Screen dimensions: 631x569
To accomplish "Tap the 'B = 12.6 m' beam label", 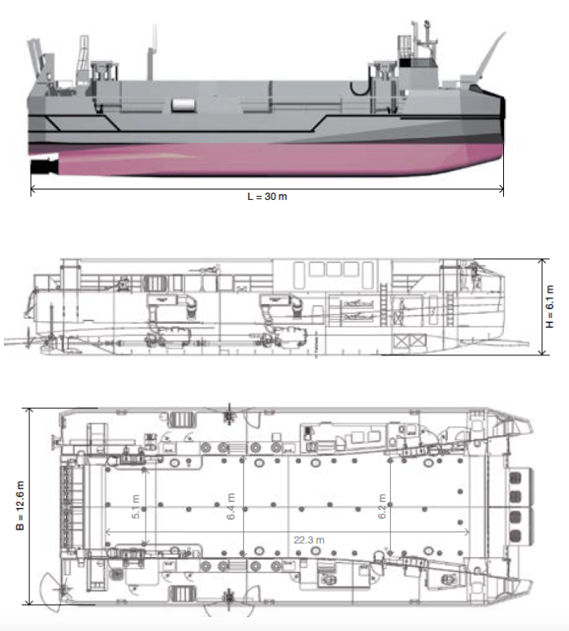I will tap(20, 506).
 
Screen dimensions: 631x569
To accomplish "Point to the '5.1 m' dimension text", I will tap(136, 508).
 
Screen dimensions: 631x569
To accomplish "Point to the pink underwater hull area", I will tap(244, 159).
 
